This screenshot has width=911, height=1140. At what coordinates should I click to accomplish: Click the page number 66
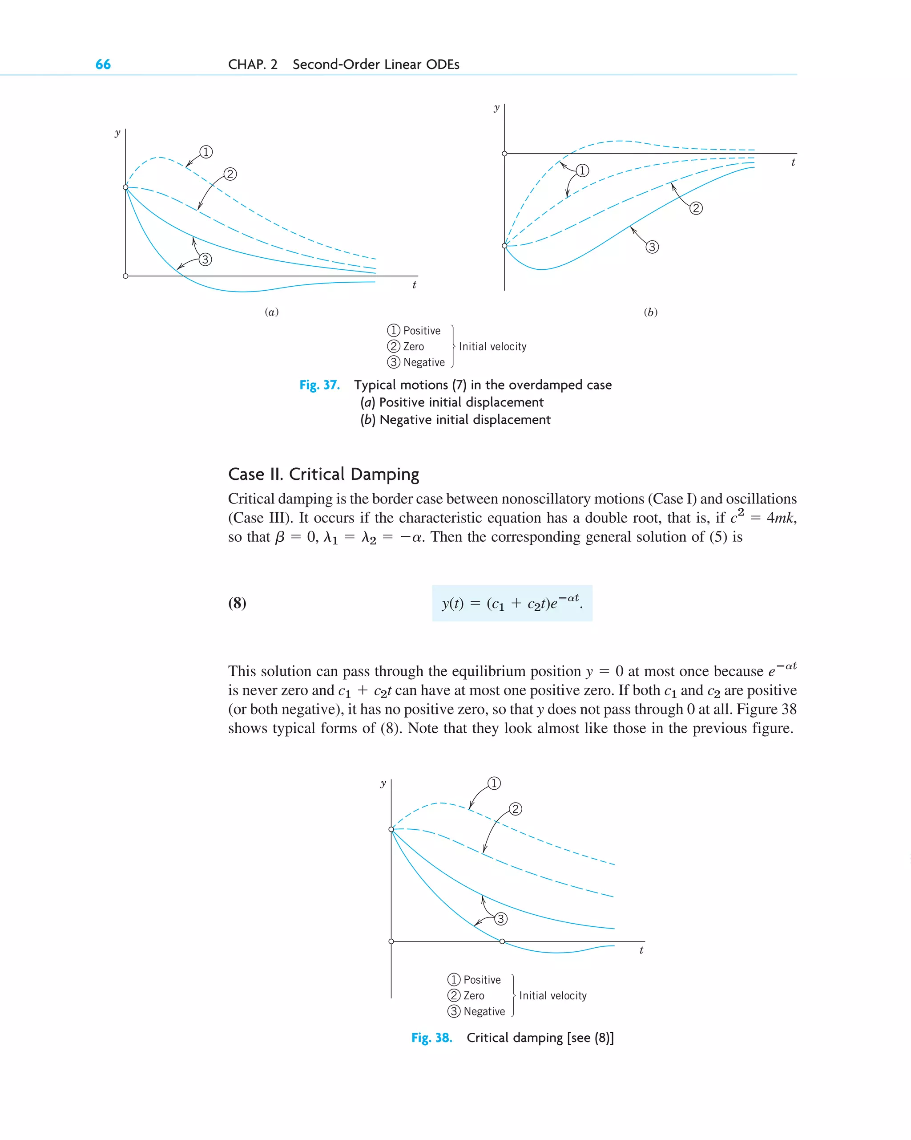(103, 65)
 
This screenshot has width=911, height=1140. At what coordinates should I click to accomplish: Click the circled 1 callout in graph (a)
(206, 152)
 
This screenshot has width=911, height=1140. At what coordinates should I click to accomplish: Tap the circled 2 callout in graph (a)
(230, 174)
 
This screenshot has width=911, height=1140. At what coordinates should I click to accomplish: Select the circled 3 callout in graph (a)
(205, 260)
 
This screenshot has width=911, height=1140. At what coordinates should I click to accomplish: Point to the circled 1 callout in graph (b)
(582, 170)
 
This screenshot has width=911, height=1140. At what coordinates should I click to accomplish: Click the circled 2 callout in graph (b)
(696, 208)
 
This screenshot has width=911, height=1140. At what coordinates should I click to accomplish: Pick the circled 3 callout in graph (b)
(652, 247)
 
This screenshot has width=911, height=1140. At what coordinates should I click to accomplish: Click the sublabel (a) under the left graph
(272, 312)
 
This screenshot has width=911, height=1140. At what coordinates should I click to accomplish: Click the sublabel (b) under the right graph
(650, 312)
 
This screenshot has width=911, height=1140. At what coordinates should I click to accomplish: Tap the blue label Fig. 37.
(319, 385)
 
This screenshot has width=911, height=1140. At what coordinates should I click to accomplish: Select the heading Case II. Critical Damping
(323, 474)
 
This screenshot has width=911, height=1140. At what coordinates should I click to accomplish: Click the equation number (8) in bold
(237, 603)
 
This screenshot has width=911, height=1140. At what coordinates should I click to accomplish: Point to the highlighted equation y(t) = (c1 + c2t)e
(512, 603)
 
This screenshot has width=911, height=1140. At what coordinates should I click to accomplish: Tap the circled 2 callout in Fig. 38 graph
(515, 809)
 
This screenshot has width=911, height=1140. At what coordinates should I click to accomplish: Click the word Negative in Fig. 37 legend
(424, 363)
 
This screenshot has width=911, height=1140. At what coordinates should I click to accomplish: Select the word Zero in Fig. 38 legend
(473, 996)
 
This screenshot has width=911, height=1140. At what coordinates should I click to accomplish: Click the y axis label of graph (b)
(496, 108)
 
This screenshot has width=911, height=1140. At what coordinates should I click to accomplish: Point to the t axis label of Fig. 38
(641, 951)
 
